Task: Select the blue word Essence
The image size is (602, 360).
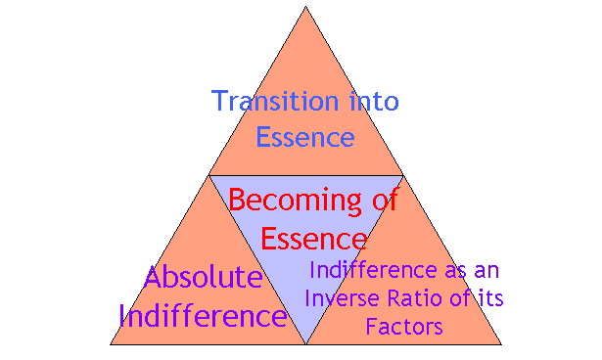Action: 304,137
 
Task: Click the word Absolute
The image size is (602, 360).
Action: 203,278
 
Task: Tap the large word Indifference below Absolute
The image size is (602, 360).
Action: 203,316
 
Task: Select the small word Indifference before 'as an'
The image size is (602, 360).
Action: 371,271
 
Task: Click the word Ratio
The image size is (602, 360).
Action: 408,298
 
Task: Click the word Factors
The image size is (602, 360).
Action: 404,326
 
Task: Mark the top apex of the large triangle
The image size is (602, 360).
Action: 305,8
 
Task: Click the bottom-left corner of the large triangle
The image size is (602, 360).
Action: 110,344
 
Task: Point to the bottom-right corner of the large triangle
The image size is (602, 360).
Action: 501,344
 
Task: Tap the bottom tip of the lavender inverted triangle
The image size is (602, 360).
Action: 305,343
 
